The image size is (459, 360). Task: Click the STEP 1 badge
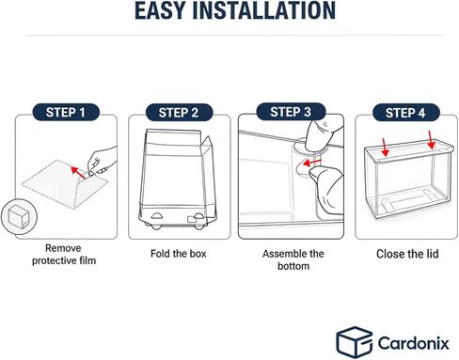pyautogui.click(x=66, y=112)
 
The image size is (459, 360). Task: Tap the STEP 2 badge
pyautogui.click(x=179, y=113)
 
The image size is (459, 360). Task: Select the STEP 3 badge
pyautogui.click(x=291, y=112)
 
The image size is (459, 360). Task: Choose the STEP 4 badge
pyautogui.click(x=405, y=113)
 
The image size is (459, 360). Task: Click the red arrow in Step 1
pyautogui.click(x=78, y=173)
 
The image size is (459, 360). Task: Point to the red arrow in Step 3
pyautogui.click(x=312, y=163)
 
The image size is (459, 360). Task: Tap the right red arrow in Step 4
pyautogui.click(x=432, y=140)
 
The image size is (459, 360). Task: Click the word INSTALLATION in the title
pyautogui.click(x=264, y=10)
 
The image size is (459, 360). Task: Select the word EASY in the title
pyautogui.click(x=160, y=10)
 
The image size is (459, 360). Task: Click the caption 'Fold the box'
pyautogui.click(x=179, y=254)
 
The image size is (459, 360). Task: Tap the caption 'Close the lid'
pyautogui.click(x=407, y=254)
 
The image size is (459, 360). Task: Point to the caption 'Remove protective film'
pyautogui.click(x=64, y=254)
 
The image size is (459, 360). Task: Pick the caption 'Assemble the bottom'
pyautogui.click(x=293, y=259)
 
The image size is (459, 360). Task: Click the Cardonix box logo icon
pyautogui.click(x=355, y=342)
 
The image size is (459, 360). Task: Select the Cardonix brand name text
pyautogui.click(x=414, y=343)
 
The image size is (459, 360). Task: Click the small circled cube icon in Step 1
pyautogui.click(x=19, y=216)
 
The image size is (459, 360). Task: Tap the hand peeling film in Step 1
pyautogui.click(x=103, y=162)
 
